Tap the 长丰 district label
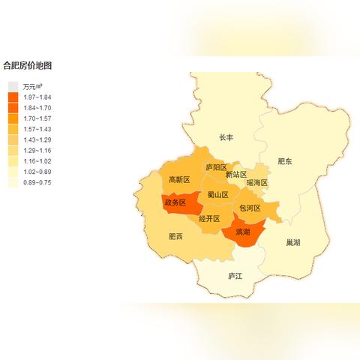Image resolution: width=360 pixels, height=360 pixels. [x=226, y=138]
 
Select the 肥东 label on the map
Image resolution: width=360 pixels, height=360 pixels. [x=285, y=160]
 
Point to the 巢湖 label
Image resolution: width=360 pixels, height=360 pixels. [x=292, y=243]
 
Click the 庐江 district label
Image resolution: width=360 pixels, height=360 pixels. [x=235, y=276]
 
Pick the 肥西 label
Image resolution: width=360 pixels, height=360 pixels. [x=175, y=237]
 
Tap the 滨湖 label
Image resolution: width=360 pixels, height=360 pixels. [x=243, y=232]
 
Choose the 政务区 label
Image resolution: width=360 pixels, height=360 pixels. [x=175, y=202]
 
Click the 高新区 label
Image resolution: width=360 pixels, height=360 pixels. [x=179, y=180]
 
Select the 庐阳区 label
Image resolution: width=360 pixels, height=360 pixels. [x=216, y=167]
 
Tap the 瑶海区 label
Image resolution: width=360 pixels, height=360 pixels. [x=257, y=182]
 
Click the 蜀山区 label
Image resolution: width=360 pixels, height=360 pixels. [x=217, y=195]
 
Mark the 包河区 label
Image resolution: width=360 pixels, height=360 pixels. [x=250, y=208]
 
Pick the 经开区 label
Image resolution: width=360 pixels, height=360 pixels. [x=210, y=219]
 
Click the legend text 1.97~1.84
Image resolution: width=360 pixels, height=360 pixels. [x=37, y=97]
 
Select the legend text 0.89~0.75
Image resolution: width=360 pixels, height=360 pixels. [x=37, y=182]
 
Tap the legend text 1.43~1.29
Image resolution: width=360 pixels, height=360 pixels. [x=37, y=140]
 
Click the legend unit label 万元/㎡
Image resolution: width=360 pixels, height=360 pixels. [x=33, y=87]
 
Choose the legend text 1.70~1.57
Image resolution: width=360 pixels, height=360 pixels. [x=37, y=118]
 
